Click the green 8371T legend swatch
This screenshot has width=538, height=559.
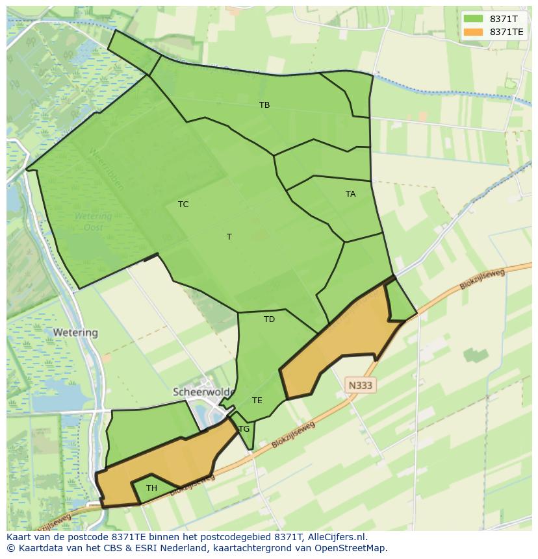[x=473, y=19]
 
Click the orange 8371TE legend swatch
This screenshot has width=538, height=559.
[x=473, y=32]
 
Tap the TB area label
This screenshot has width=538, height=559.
[x=264, y=105]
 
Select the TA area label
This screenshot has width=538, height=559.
[x=350, y=193]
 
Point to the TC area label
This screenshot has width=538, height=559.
[x=183, y=204]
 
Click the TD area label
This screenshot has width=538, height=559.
[x=269, y=319]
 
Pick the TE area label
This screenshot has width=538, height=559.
[x=257, y=400]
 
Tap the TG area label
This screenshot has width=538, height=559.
[x=244, y=429]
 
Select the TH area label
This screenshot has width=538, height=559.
[x=151, y=488]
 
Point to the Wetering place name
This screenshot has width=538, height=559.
[x=75, y=332]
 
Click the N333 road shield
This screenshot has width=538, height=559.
[x=360, y=385]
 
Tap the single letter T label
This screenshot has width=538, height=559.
[x=229, y=236]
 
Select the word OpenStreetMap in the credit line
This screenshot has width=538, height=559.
[x=352, y=548]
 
